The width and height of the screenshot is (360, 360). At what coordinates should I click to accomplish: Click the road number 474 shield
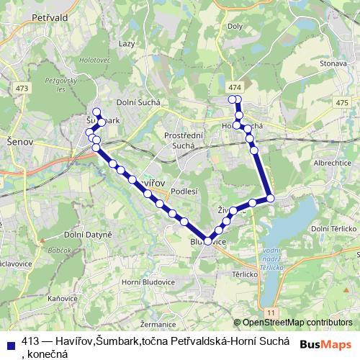pos(234,87)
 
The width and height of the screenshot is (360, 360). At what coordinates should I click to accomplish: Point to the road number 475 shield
pos(341,104)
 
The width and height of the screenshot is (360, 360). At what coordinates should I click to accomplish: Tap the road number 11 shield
pos(270,311)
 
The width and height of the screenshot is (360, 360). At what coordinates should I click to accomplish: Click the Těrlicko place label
pos(243,274)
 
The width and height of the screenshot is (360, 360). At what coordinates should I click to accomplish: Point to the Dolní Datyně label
pos(88,235)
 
